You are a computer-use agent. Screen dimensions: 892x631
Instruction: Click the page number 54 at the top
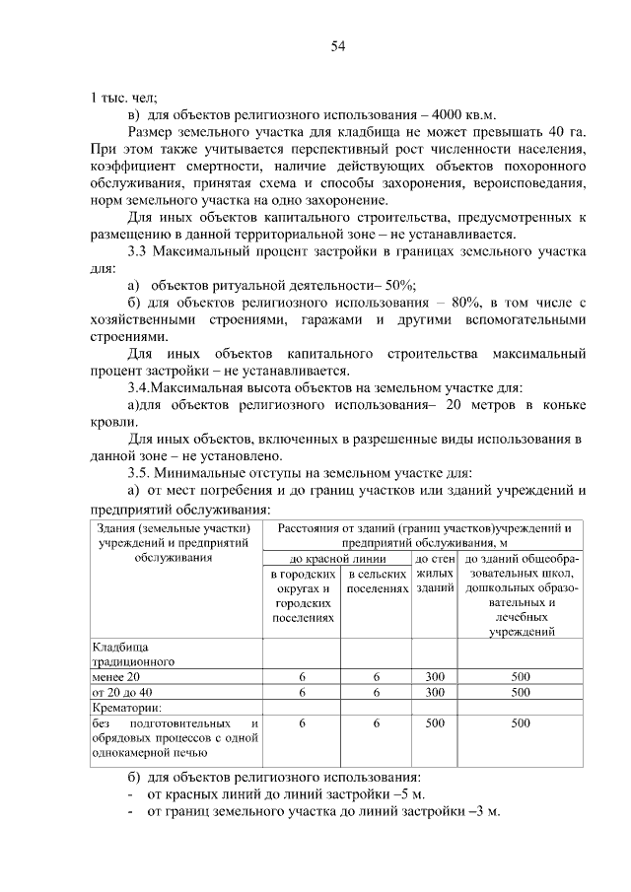(337, 46)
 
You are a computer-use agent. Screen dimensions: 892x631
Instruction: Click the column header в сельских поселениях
(378, 581)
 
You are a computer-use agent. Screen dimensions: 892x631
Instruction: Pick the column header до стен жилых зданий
(435, 573)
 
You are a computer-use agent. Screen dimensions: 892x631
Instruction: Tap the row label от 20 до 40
(124, 692)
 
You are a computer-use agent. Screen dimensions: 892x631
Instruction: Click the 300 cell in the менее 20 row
(435, 677)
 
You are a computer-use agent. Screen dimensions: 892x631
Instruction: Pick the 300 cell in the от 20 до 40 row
(435, 692)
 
